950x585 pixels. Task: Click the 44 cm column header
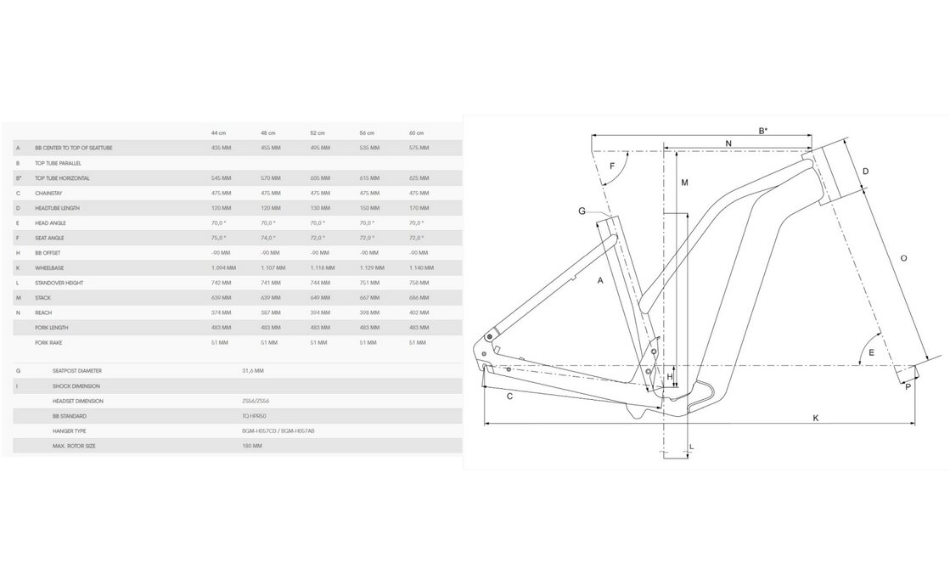(x=219, y=133)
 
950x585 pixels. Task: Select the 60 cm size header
(x=416, y=133)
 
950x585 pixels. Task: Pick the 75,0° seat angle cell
(x=220, y=238)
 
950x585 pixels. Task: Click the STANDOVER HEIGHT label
(x=58, y=283)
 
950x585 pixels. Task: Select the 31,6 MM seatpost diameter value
(x=252, y=371)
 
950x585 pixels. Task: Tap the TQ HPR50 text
(x=252, y=416)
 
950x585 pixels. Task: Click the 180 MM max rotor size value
(x=251, y=446)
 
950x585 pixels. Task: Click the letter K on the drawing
(x=815, y=417)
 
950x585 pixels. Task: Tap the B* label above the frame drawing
(x=762, y=130)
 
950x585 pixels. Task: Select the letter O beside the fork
(x=903, y=257)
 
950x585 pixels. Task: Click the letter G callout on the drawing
(x=582, y=211)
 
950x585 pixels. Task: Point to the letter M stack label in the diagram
(x=684, y=183)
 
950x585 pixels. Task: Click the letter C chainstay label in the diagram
(x=509, y=397)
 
